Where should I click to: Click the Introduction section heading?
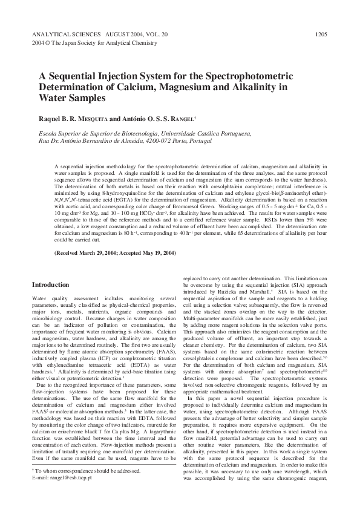coord(50,284)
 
